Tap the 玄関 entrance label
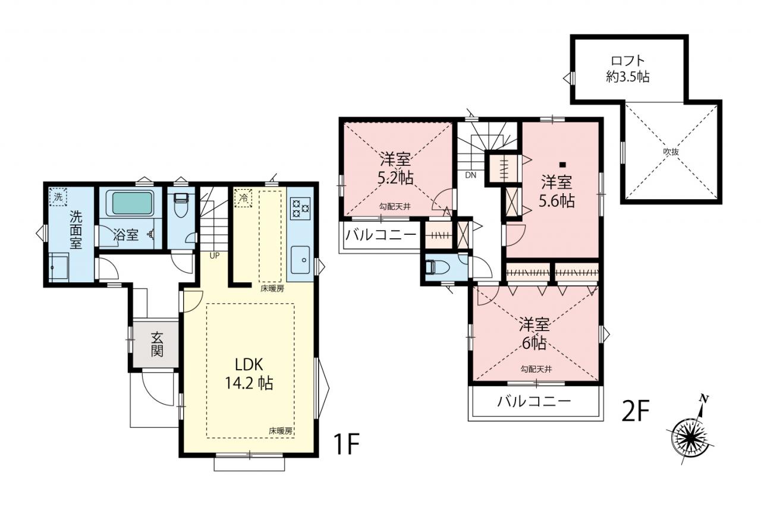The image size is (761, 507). pos(157,344)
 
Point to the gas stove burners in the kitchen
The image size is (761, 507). pos(300,208)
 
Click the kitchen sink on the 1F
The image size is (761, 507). pos(300,260)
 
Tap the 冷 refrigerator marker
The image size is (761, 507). pos(243,198)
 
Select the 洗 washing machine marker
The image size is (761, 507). pos(58,197)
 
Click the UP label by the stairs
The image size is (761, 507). pos(215,256)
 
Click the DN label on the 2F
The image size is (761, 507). pos(470,175)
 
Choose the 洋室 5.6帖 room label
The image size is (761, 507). pos(557,191)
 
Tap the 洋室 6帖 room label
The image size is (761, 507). pos(534,334)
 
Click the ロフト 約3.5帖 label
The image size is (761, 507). pos(628,69)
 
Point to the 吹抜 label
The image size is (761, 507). pos(671,152)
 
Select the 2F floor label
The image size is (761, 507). pos(636,411)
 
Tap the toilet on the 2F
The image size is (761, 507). pos(435,267)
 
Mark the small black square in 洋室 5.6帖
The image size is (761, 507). pos(562,165)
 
